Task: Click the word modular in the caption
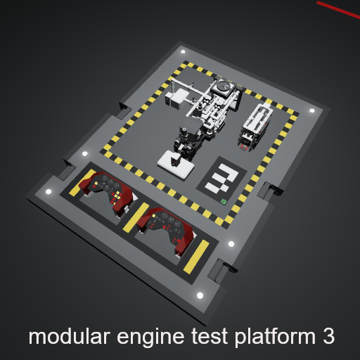tap(70, 336)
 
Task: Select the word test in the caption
tap(210, 337)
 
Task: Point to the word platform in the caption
tap(275, 338)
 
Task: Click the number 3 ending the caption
tap(328, 336)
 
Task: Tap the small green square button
tap(224, 201)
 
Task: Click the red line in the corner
tap(338, 9)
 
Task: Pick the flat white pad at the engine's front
tap(176, 165)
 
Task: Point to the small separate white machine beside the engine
tap(255, 127)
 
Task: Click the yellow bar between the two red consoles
tap(136, 217)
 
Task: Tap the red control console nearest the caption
tap(166, 231)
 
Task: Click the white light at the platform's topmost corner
tap(183, 52)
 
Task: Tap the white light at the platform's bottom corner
tap(200, 295)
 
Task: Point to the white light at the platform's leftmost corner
tap(49, 192)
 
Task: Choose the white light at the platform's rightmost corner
tap(311, 110)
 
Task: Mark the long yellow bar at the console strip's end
tap(196, 257)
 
